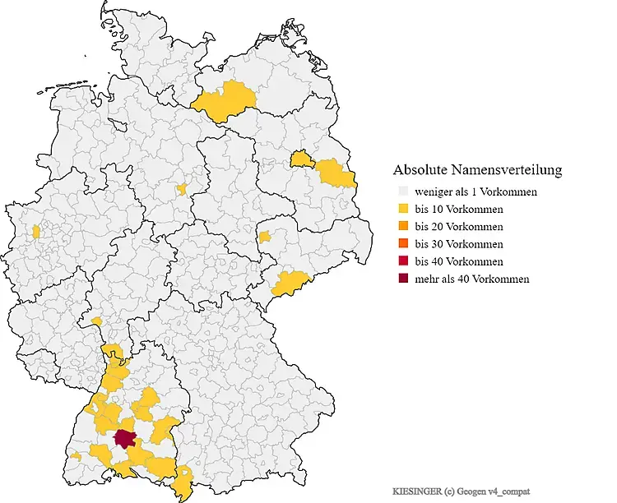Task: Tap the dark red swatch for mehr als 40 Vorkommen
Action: (x=401, y=279)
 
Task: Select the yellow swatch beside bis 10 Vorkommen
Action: (x=401, y=209)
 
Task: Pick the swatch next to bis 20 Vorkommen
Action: (x=401, y=227)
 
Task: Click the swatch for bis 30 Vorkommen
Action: (x=401, y=244)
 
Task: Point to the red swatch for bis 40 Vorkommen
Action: (x=401, y=261)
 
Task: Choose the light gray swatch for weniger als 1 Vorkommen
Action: (x=401, y=192)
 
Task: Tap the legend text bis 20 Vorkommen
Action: (x=459, y=227)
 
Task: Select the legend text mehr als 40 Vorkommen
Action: (x=472, y=279)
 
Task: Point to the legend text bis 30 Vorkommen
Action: (x=459, y=244)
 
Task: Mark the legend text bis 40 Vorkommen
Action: (x=459, y=261)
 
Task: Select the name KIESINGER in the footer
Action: (x=416, y=491)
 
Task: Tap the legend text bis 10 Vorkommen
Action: (x=459, y=209)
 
